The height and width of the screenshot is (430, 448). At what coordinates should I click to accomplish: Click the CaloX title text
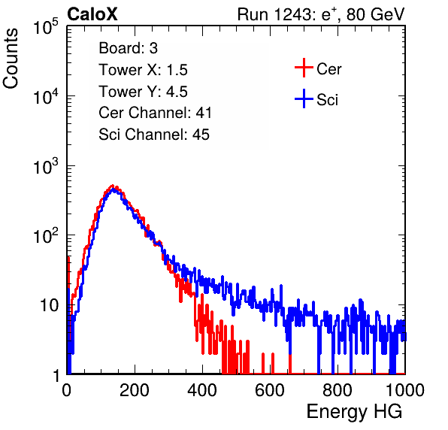[x=92, y=14]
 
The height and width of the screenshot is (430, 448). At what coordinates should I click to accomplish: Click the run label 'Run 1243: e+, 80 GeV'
[x=321, y=14]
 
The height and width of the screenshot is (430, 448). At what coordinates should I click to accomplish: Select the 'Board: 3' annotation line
[x=128, y=48]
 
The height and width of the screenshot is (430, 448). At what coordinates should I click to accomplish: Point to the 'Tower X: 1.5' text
[x=143, y=70]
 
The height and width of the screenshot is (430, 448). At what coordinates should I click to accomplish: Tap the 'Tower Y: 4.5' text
[x=143, y=92]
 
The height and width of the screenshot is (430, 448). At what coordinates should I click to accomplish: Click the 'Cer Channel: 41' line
[x=155, y=113]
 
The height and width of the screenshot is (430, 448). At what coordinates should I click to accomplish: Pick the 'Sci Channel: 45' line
[x=154, y=135]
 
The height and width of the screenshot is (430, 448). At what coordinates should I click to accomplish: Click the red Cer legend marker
[x=304, y=68]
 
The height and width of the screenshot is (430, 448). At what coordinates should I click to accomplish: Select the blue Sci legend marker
[x=304, y=98]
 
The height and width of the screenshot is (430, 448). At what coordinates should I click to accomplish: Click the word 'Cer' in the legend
[x=328, y=69]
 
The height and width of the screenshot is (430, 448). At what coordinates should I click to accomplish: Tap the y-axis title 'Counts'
[x=11, y=59]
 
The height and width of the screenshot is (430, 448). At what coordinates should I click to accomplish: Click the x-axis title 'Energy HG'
[x=354, y=412]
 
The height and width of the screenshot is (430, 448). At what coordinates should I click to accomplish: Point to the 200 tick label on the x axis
[x=135, y=390]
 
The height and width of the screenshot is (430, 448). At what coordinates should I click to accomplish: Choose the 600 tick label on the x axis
[x=270, y=390]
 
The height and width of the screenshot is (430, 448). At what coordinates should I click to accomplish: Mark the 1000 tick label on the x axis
[x=405, y=390]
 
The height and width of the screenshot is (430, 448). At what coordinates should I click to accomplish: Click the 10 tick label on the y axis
[x=49, y=305]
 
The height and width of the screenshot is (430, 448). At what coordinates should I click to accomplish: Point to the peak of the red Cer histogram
[x=113, y=186]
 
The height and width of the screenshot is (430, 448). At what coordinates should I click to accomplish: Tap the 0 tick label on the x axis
[x=67, y=390]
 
